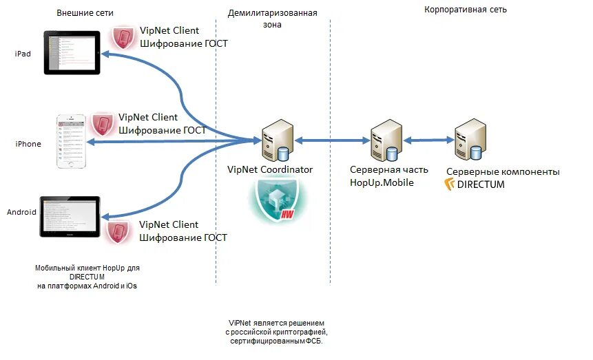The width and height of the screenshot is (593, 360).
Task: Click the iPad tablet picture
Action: pos(72,52)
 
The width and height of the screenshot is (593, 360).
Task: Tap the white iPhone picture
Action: pos(73,142)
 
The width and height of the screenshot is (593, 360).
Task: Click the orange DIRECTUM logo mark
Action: pos(451,184)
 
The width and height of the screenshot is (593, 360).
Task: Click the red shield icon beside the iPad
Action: pos(124,37)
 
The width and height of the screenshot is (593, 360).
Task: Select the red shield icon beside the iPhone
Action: pos(103,124)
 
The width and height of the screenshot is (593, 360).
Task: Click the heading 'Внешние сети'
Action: pos(85,13)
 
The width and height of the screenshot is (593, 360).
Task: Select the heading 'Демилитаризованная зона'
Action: pos(272,19)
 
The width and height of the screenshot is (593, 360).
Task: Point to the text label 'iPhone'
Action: pos(28,144)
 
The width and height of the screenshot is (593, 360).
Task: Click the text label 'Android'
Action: pos(21,212)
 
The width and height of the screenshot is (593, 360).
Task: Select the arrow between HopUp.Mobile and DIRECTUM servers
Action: pos(428,140)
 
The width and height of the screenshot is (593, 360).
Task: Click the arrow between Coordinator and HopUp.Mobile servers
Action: pos(330,140)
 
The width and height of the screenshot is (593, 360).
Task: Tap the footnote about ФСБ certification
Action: pos(276,332)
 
